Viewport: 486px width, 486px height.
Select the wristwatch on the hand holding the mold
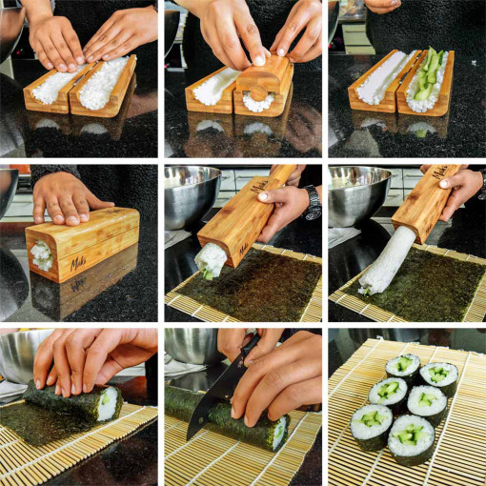pyautogui.click(x=313, y=201)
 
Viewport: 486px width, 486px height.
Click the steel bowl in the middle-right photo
pyautogui.click(x=357, y=193)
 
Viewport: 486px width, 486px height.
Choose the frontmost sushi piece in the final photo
pyautogui.click(x=411, y=439)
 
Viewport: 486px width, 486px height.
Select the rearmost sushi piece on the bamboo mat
pyautogui.click(x=403, y=366)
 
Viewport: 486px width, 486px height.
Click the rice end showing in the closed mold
pyautogui.click(x=41, y=255)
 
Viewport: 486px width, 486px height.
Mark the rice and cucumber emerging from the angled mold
pyautogui.click(x=211, y=259)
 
